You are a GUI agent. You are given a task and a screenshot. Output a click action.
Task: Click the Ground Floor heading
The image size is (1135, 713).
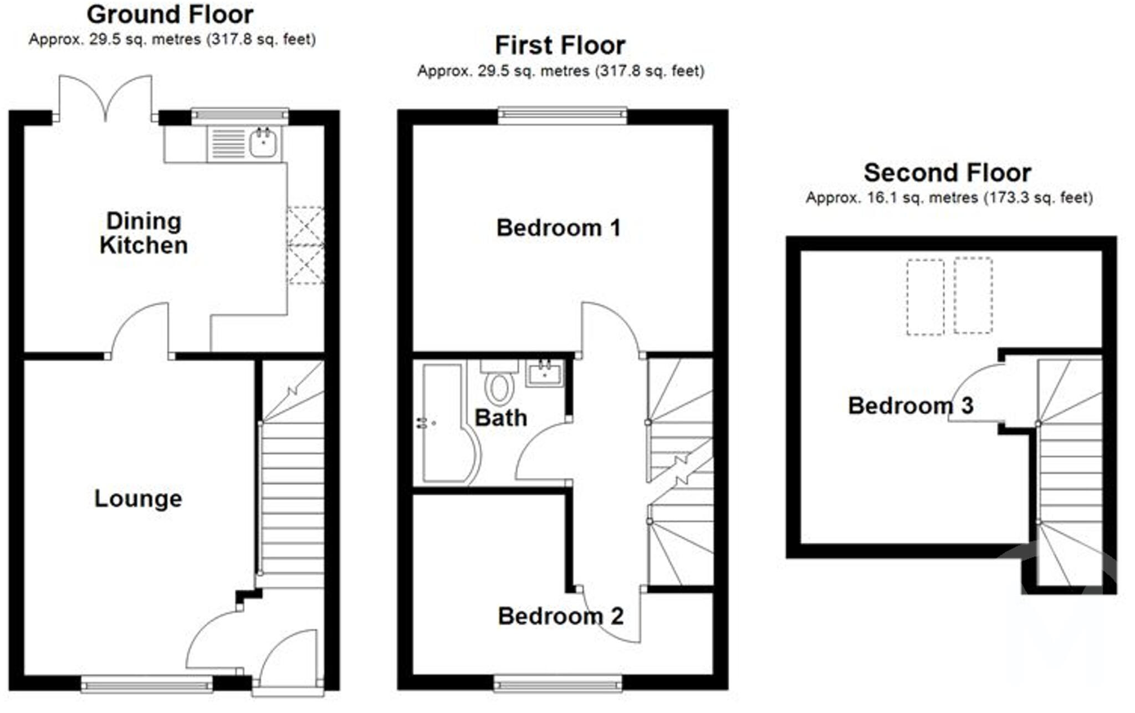tap(170, 14)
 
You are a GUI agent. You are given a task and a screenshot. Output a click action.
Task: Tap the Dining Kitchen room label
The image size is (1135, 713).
tap(144, 233)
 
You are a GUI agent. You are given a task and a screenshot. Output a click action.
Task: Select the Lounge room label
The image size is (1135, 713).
tap(138, 499)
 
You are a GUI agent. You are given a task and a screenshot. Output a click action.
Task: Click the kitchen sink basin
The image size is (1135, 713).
tap(263, 143)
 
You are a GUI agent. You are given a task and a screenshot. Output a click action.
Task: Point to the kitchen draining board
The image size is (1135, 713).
tap(228, 143)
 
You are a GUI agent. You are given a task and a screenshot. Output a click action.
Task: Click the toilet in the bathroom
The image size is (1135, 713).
tap(499, 386)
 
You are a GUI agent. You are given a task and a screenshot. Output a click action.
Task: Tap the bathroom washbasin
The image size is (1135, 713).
tap(544, 373)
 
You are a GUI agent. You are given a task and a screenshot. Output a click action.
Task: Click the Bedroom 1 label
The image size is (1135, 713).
tap(558, 228)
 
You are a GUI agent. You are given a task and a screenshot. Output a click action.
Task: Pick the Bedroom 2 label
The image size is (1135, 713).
tap(560, 616)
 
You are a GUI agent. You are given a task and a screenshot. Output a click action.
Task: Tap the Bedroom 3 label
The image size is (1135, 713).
tap(911, 406)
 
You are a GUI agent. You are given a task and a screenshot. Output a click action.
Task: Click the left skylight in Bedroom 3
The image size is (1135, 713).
tap(925, 297)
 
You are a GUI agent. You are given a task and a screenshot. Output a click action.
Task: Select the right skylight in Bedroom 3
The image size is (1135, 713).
tap(973, 296)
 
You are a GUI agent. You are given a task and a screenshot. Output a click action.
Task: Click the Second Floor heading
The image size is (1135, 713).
tap(947, 173)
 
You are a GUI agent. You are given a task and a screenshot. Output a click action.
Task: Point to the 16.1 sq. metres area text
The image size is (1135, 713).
tap(892, 198)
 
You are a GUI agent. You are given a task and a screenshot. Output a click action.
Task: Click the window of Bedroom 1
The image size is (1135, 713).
tap(562, 115)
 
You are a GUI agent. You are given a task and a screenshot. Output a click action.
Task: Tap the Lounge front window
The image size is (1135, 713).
tap(147, 685)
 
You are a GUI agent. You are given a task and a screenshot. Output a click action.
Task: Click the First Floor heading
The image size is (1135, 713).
tap(560, 45)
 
